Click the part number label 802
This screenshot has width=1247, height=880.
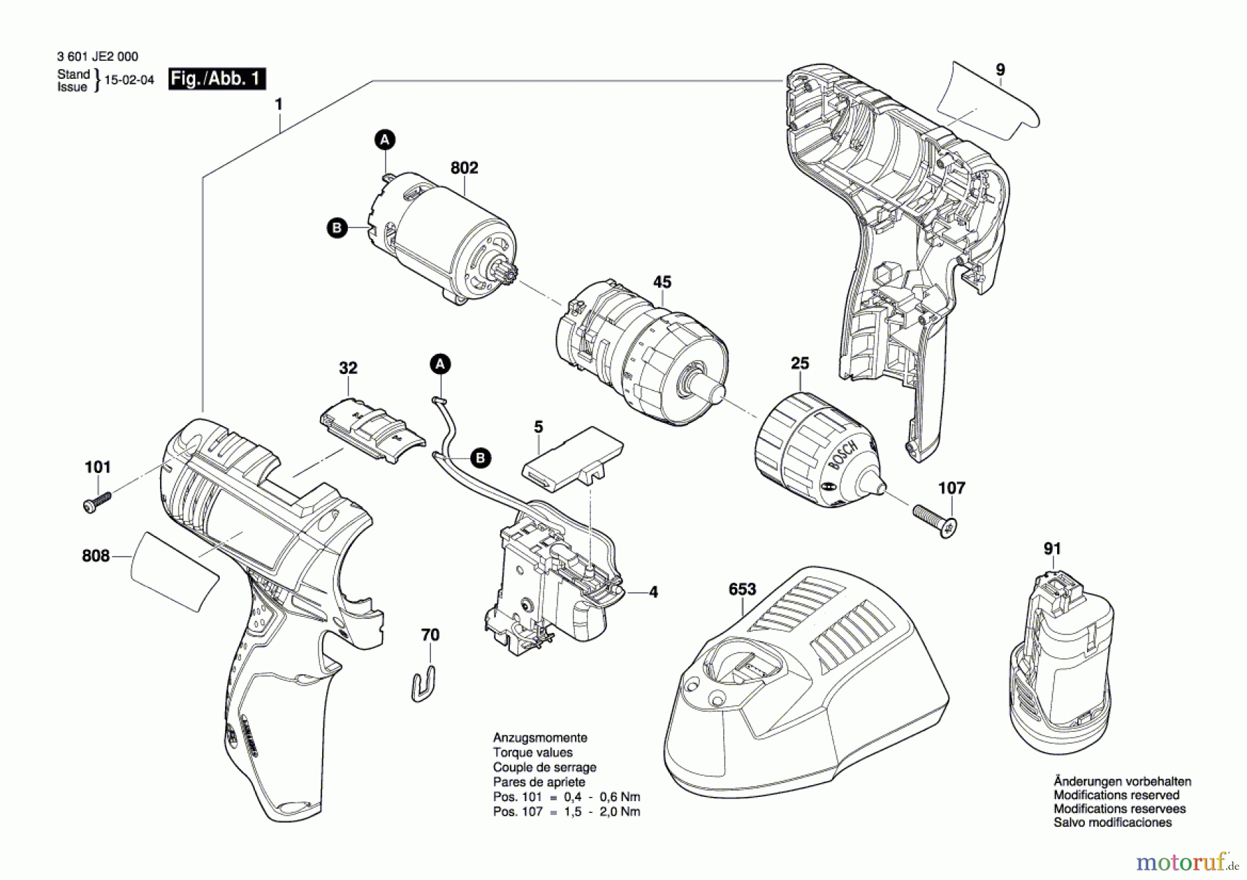point(464,168)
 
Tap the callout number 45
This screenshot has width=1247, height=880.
point(662,282)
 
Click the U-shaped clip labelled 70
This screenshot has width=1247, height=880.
point(423,684)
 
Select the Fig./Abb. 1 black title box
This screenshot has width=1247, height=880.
point(218,79)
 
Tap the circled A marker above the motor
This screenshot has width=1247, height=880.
point(385,140)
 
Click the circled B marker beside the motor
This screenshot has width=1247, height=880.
point(337,228)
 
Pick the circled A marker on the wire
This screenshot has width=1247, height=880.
point(440,364)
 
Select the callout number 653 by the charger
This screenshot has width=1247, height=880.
point(742,589)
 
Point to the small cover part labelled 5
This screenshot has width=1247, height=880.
point(572,458)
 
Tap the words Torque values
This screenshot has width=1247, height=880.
point(533,753)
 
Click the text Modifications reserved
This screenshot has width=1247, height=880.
point(1116,795)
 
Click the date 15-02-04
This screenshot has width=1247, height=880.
point(130,80)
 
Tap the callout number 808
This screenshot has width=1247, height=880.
point(96,556)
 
